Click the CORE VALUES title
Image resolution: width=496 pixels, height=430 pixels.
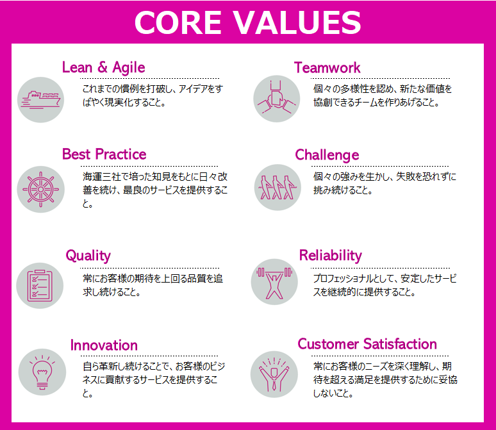coord(248,22)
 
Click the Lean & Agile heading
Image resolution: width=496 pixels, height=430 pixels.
coord(103,68)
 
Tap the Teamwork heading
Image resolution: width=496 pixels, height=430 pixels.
coord(327,67)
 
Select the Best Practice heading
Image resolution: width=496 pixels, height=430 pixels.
coord(104,154)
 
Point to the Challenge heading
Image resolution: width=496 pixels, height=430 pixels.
coord(327,155)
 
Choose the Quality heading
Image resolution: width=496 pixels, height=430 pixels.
coord(88,256)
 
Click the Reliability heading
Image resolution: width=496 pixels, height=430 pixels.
coord(330,255)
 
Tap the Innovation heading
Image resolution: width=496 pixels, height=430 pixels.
coord(104,345)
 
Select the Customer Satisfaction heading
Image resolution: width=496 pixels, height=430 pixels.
coord(367,344)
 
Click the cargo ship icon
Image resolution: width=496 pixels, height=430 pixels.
coord(40,100)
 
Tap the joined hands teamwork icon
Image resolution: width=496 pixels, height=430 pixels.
coord(276,99)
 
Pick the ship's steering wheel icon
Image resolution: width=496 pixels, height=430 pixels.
coord(40,189)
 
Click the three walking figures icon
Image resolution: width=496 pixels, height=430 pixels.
coord(277,187)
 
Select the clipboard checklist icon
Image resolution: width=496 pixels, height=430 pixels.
coord(40,285)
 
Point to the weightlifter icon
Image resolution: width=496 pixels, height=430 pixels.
coord(274,282)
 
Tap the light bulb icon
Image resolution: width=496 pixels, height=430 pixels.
coord(42,372)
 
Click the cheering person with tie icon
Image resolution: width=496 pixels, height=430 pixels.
coord(274,374)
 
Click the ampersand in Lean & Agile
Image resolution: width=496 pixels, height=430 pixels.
coord(102,67)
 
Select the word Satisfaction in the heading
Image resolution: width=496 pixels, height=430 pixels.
coord(400,344)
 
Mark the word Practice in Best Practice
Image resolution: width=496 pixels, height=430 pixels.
coord(120,154)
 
